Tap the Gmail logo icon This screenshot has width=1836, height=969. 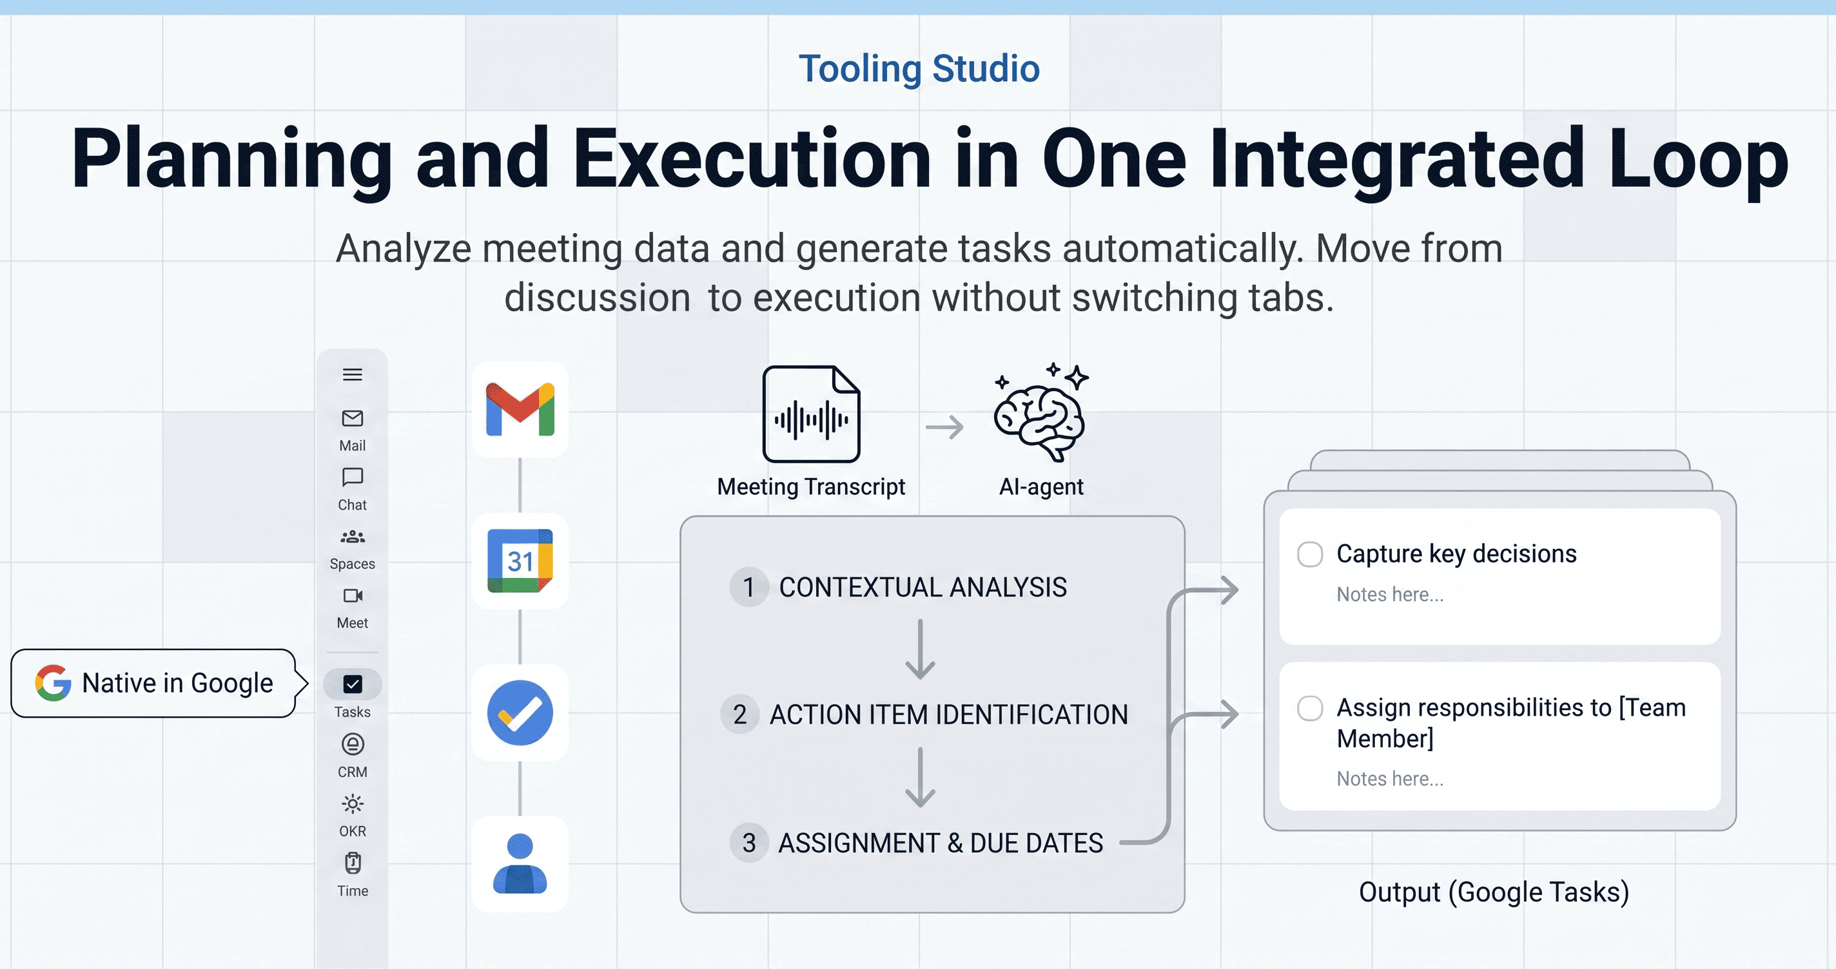[520, 409]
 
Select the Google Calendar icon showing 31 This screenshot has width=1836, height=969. [520, 561]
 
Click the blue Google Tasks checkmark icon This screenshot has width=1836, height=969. [520, 713]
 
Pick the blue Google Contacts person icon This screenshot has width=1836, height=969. [520, 863]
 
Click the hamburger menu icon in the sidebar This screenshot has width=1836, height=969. [352, 375]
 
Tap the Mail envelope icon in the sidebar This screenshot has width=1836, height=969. [352, 418]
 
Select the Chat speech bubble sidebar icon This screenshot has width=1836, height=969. [352, 477]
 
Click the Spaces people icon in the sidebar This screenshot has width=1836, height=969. [352, 537]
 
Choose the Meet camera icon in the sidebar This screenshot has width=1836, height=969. [352, 596]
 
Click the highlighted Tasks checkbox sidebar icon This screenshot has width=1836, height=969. [352, 684]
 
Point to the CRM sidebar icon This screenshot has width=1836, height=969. [352, 745]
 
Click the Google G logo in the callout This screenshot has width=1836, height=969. [54, 682]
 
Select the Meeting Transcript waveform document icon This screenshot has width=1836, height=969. [811, 414]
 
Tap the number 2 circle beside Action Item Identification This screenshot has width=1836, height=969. [740, 715]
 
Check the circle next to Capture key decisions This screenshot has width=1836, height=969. [1310, 554]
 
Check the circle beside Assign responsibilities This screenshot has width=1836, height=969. [1310, 708]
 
